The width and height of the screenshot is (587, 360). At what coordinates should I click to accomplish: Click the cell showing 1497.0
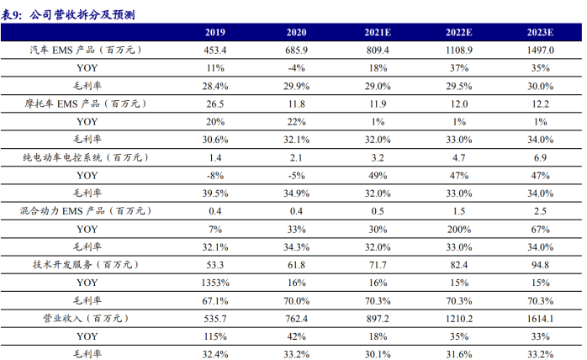tap(541, 50)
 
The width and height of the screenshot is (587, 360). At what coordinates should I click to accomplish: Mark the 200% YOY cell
tap(459, 229)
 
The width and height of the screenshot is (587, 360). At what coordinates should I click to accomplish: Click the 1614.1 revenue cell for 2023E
tap(541, 319)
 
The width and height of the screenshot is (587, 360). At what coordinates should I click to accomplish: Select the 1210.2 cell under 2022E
tap(459, 319)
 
